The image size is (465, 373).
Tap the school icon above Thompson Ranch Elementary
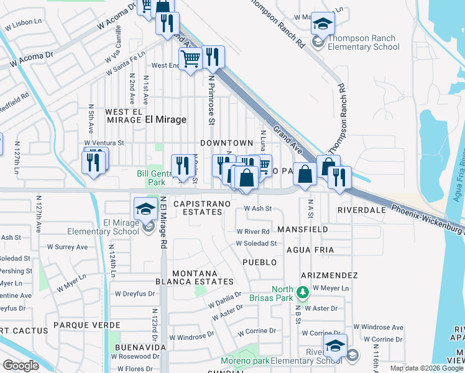(323, 24)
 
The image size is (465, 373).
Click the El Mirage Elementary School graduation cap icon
(145, 208)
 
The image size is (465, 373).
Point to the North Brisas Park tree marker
(302, 292)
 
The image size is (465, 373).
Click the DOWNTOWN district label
(227, 143)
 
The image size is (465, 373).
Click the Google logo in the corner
(21, 366)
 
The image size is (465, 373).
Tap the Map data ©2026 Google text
(426, 368)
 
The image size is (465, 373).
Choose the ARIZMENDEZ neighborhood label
(329, 275)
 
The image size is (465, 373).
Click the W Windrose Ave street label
(379, 327)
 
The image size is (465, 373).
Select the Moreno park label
(246, 361)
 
